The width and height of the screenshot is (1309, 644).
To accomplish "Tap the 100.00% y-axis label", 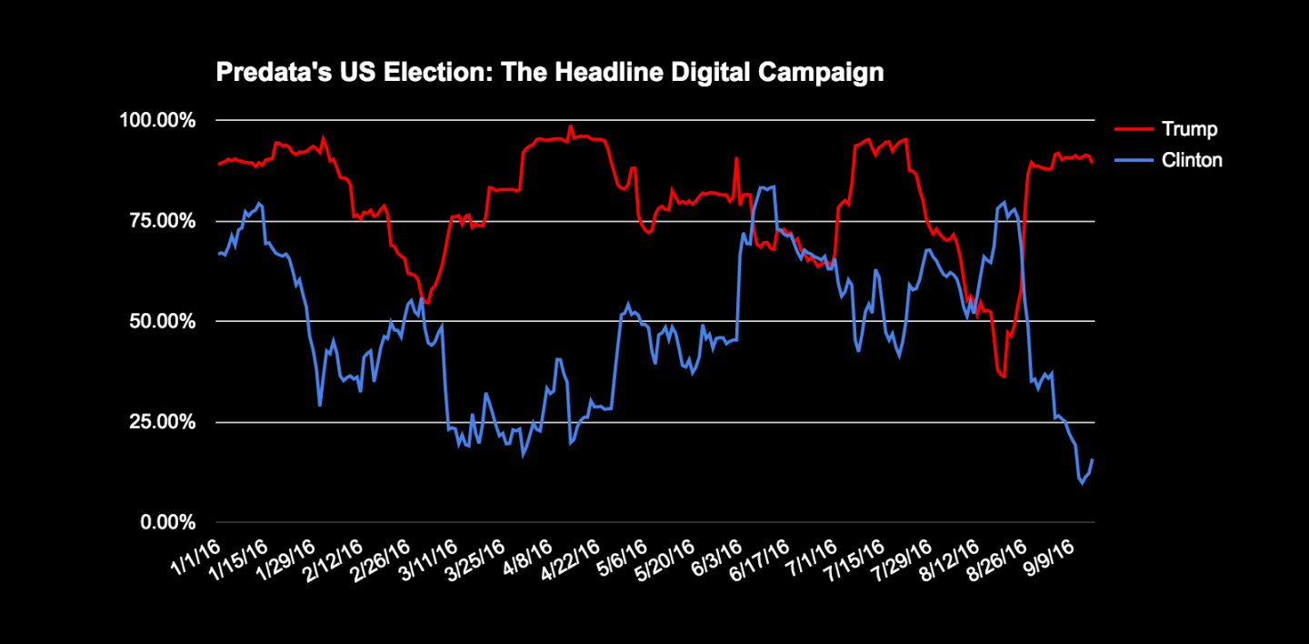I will coord(161,120).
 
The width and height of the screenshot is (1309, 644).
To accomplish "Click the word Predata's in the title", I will coord(259,72).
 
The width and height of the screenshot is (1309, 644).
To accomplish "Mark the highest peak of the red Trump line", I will coord(570,126).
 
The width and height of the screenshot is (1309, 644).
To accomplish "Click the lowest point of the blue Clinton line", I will coord(1082,483).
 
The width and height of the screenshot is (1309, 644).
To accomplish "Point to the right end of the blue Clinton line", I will coord(1093,459).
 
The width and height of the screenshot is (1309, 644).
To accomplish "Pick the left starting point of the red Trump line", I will coord(218,165).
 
